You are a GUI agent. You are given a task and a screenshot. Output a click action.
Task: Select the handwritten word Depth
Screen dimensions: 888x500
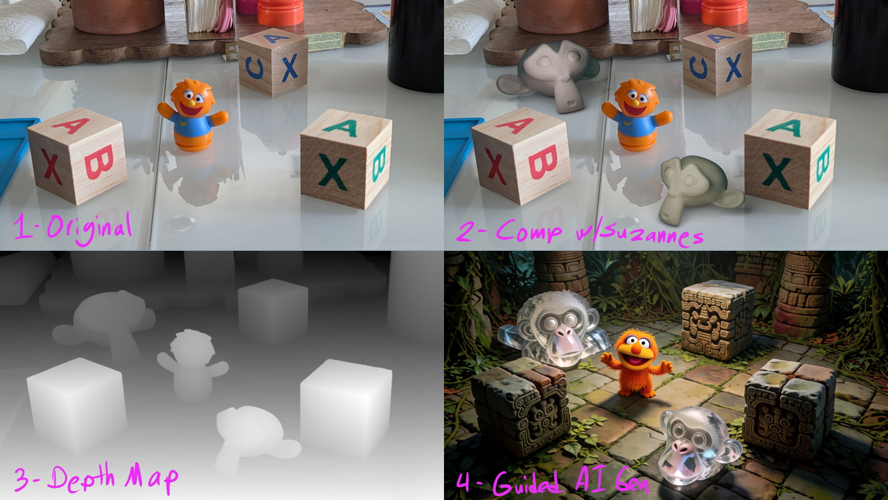[x=81, y=478]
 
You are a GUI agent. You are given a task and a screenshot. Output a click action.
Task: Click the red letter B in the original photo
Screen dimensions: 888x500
[x=99, y=162]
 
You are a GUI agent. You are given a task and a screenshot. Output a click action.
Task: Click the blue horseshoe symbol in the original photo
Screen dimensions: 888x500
[x=255, y=67]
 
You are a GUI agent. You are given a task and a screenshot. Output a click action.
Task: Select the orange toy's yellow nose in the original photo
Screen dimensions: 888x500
[x=191, y=103]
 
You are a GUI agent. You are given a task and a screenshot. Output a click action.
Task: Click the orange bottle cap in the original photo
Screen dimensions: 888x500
[x=280, y=12]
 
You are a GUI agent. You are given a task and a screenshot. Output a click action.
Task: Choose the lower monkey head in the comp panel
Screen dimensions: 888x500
[x=696, y=188]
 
